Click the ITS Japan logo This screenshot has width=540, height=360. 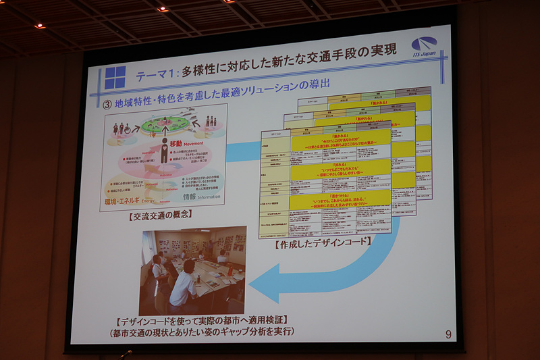[x=423, y=45]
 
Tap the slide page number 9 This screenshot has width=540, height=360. [x=449, y=334]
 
